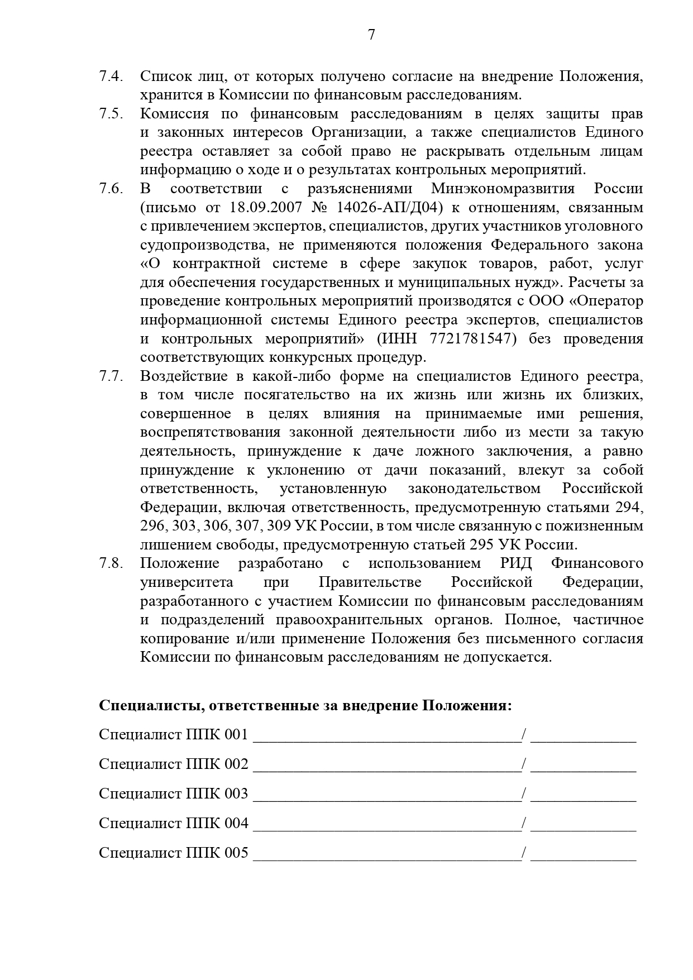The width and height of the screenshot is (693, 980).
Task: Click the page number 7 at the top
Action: [371, 35]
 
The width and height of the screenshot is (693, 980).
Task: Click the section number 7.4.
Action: [111, 77]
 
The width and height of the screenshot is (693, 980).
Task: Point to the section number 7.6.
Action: [111, 189]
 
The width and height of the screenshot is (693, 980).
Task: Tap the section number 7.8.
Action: [111, 563]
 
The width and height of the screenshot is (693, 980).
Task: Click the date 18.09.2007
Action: [265, 208]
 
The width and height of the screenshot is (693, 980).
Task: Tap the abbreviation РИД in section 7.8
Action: [513, 563]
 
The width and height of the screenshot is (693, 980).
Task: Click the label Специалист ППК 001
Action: [173, 734]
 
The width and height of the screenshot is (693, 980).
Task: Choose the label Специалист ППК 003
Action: [173, 793]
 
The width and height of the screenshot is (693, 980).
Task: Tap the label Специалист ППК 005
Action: [173, 853]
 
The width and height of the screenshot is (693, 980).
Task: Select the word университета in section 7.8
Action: [187, 582]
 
